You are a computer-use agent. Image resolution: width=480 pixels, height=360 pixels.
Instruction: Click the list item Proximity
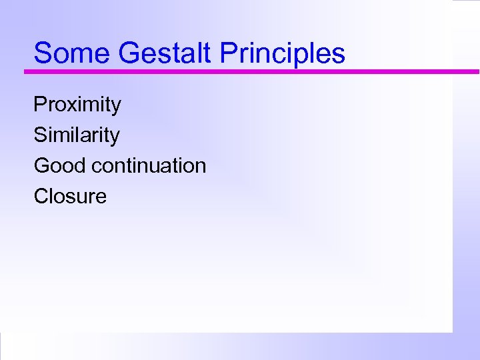[77, 105]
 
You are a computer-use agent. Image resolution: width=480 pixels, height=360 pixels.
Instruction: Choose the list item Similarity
[77, 135]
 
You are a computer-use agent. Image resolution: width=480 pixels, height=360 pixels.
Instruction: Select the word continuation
[149, 165]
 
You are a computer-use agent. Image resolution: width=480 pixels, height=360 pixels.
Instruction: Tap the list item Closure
[70, 196]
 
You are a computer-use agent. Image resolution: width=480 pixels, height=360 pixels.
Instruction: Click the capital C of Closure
[41, 196]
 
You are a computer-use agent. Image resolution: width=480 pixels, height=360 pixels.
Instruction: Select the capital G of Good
[41, 165]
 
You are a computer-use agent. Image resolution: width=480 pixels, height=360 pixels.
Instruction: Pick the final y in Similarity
[115, 137]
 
